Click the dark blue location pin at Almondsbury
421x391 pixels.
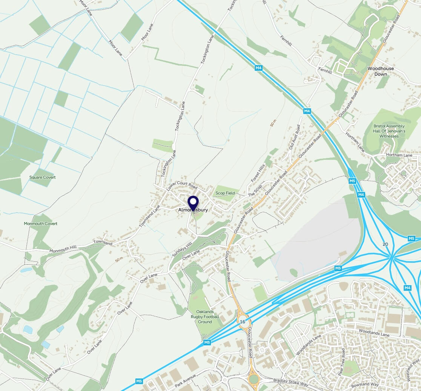[193, 202]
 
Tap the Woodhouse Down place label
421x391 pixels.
[381, 71]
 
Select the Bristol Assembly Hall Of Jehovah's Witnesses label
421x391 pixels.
[389, 131]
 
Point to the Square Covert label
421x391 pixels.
[43, 177]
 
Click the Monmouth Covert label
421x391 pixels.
[41, 224]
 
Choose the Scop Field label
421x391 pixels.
[225, 193]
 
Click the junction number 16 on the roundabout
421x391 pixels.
[242, 321]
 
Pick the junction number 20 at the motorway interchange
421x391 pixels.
[385, 244]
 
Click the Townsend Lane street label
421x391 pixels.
[149, 216]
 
